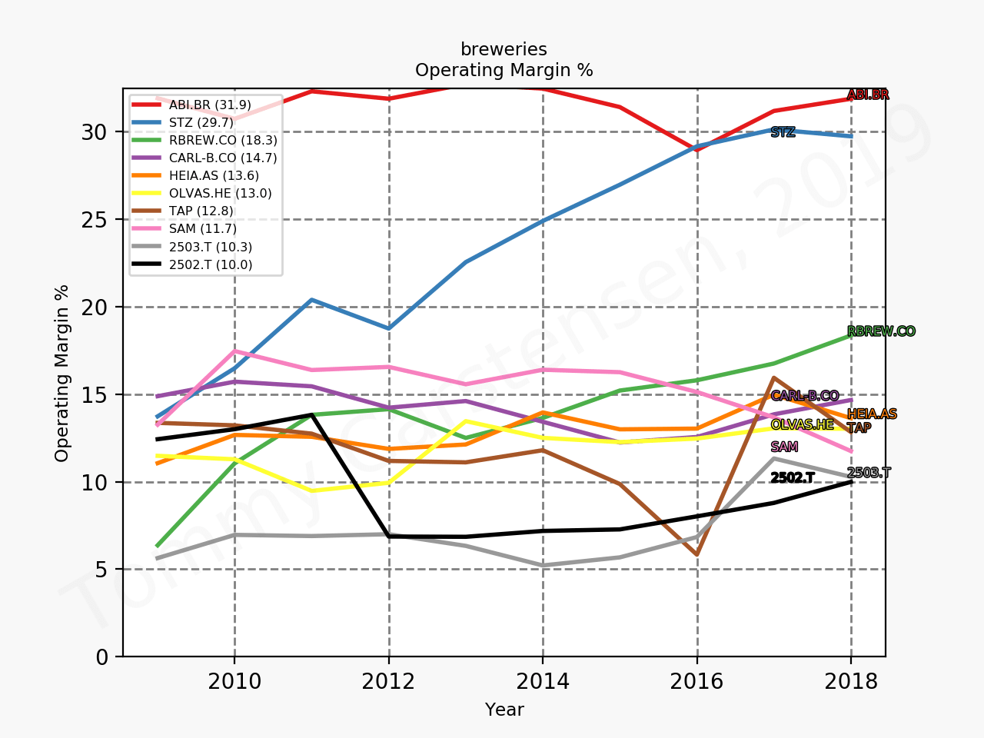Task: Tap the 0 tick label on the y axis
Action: [101, 657]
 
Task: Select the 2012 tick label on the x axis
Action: [389, 681]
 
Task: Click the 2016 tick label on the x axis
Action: [697, 681]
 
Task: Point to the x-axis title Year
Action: [504, 710]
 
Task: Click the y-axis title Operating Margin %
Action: [62, 373]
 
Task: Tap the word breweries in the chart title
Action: [504, 49]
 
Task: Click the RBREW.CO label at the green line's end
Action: [881, 331]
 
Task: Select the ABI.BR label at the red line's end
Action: [868, 95]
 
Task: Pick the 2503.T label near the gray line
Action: [869, 473]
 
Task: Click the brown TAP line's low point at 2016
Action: [697, 554]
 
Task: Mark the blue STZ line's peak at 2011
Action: [311, 300]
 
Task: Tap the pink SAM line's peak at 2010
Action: [234, 351]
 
